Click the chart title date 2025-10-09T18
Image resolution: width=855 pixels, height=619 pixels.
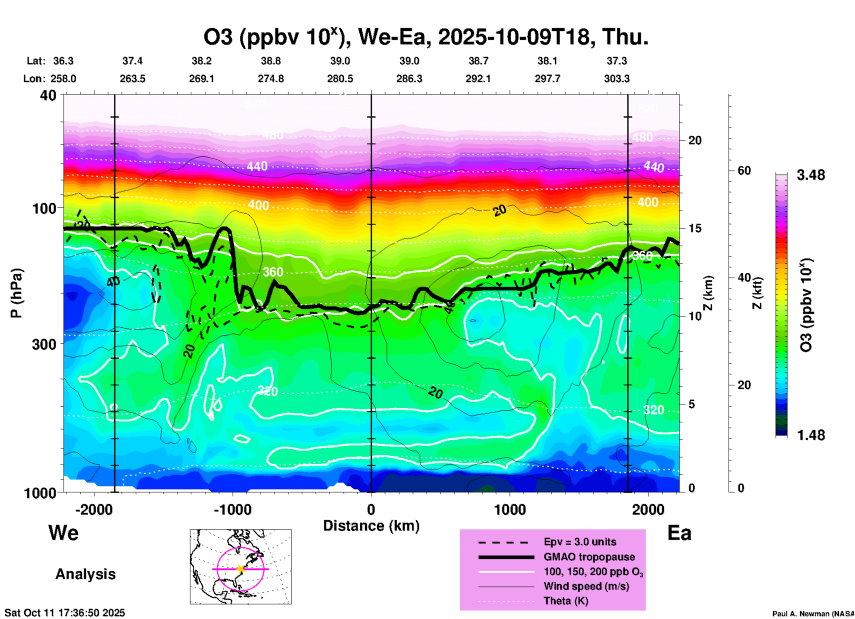516,37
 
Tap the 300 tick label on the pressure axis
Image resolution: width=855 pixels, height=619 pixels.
44,344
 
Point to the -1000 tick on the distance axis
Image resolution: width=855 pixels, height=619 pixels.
233,509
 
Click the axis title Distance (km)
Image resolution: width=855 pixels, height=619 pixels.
371,526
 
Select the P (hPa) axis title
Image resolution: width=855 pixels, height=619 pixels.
16,293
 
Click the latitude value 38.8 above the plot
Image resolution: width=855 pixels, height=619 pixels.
270,61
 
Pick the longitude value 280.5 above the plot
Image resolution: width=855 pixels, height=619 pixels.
340,79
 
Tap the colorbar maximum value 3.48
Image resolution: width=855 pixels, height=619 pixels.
811,175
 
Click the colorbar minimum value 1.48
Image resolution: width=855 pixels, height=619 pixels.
811,435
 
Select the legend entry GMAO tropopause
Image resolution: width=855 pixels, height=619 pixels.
589,557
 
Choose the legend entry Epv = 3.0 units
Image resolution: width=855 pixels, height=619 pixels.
580,542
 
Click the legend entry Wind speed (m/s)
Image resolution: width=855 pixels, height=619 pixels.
586,586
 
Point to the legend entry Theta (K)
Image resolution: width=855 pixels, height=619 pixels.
566,601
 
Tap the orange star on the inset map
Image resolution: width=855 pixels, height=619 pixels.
241,569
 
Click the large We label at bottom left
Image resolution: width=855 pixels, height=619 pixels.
63,533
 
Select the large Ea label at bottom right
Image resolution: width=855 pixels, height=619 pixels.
679,533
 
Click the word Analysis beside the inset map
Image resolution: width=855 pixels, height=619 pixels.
85,574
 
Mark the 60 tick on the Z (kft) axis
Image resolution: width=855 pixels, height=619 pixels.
744,171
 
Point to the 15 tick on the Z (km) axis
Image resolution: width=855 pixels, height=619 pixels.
695,228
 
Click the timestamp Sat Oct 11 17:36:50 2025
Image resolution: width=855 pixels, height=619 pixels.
65,613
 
